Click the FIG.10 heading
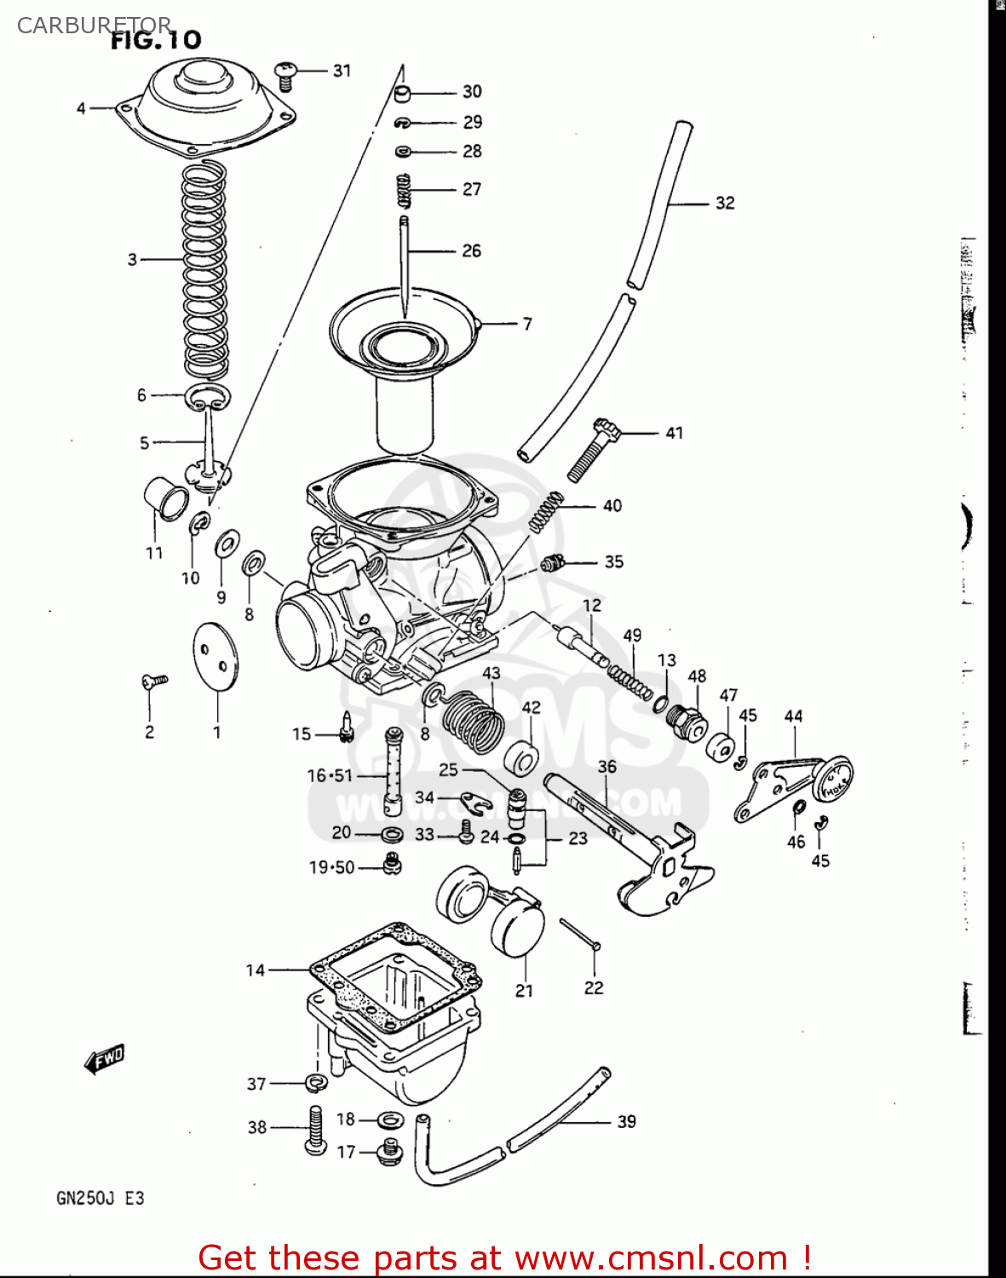coord(156,40)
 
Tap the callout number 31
coord(342,71)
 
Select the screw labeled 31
coord(285,75)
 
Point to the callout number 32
coord(724,203)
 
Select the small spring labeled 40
coord(545,511)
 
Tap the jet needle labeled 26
coord(405,264)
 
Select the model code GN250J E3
coord(101,1198)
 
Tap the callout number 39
coord(626,1121)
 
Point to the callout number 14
coord(256,970)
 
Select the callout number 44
coord(793,716)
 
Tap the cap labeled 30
coord(405,92)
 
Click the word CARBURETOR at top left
coord(94,26)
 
